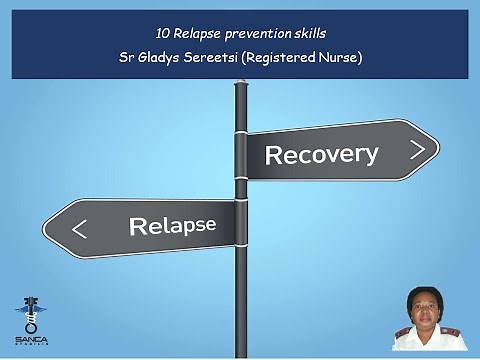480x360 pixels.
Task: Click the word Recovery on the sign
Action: pos(320,154)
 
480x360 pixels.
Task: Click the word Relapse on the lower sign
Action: pos(172,225)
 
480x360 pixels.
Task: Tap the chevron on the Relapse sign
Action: pos(80,229)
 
